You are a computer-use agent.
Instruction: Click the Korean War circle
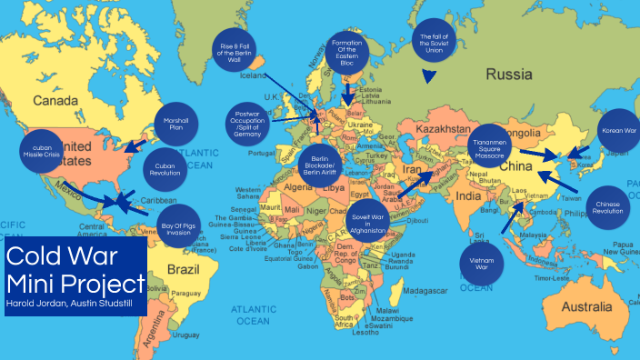click(x=619, y=131)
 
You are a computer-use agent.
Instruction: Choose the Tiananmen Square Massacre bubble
click(x=494, y=149)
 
